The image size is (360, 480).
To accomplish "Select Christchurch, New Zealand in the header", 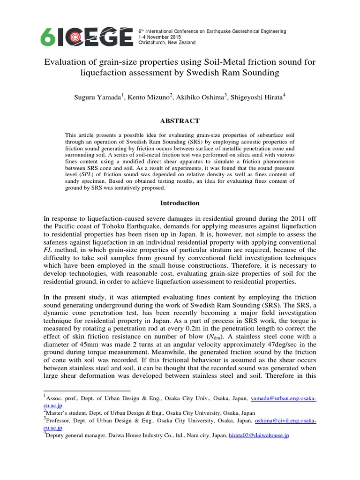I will click(x=167, y=43).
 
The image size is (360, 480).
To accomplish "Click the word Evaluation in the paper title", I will click(x=64, y=62).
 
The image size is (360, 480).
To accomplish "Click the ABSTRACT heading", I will click(x=180, y=120).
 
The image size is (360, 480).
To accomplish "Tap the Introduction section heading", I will click(x=180, y=203).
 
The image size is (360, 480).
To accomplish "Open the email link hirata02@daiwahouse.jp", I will click(x=258, y=435).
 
